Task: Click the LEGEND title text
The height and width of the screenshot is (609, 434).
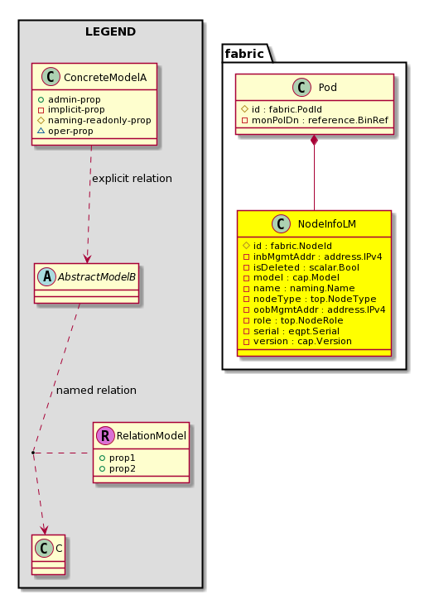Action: [110, 31]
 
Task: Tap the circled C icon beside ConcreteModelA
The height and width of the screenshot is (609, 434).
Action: [51, 76]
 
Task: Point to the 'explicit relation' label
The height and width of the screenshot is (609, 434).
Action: [132, 178]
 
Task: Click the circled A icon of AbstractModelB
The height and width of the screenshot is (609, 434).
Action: [47, 276]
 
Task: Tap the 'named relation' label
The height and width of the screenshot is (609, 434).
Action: [96, 390]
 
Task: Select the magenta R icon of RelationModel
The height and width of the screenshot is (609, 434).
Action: [105, 435]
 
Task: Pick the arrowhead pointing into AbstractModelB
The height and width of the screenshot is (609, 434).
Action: [87, 259]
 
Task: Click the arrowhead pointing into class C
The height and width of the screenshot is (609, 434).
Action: [45, 530]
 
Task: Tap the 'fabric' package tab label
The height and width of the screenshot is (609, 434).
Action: [244, 53]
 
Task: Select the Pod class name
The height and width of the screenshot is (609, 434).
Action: [327, 88]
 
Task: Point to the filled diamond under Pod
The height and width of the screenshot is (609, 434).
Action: [314, 141]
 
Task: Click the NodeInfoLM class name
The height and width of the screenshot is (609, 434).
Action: [326, 223]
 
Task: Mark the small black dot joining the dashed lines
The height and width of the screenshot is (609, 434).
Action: [33, 453]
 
